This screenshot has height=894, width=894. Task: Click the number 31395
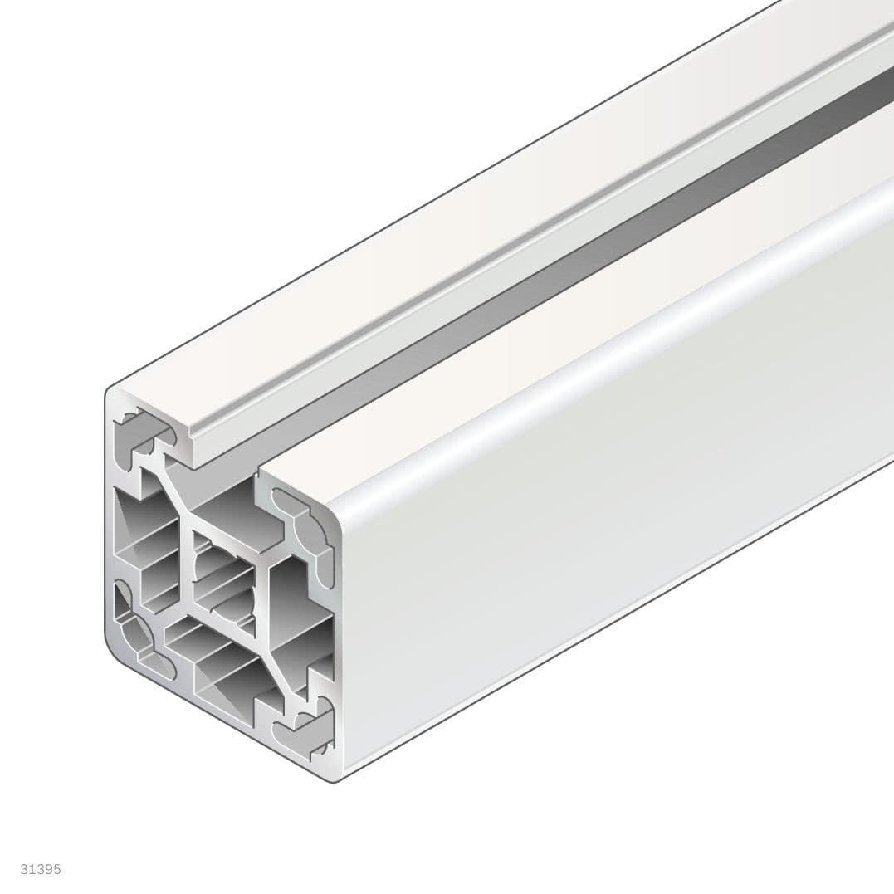[41, 870]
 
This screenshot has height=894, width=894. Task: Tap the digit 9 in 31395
[48, 870]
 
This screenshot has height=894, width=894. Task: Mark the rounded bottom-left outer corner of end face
[116, 652]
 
